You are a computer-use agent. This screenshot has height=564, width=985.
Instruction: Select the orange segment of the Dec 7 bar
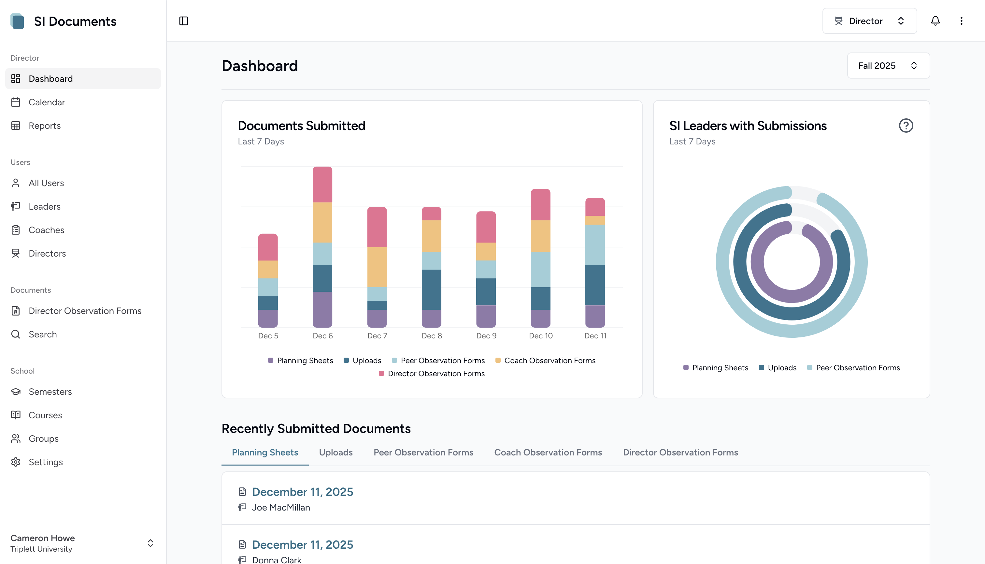[377, 267]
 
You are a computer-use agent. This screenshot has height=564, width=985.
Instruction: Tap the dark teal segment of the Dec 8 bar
[431, 289]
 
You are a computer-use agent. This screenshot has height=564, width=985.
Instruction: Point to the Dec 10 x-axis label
[540, 336]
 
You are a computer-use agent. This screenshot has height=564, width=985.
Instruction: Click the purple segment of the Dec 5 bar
[268, 319]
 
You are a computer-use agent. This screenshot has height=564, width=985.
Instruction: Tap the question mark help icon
[906, 126]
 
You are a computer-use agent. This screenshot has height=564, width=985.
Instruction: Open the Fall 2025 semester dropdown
[888, 66]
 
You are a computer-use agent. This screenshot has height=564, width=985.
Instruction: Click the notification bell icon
[935, 21]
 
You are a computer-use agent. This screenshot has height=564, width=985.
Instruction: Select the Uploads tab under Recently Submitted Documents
[335, 453]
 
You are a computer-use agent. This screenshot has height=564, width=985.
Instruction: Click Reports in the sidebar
[45, 126]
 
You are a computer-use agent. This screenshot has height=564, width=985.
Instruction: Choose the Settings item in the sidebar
[46, 462]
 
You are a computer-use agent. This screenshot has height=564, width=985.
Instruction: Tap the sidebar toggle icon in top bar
[184, 21]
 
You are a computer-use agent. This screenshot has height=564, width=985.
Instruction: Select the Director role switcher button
[869, 21]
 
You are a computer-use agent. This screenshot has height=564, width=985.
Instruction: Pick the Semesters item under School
[50, 392]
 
